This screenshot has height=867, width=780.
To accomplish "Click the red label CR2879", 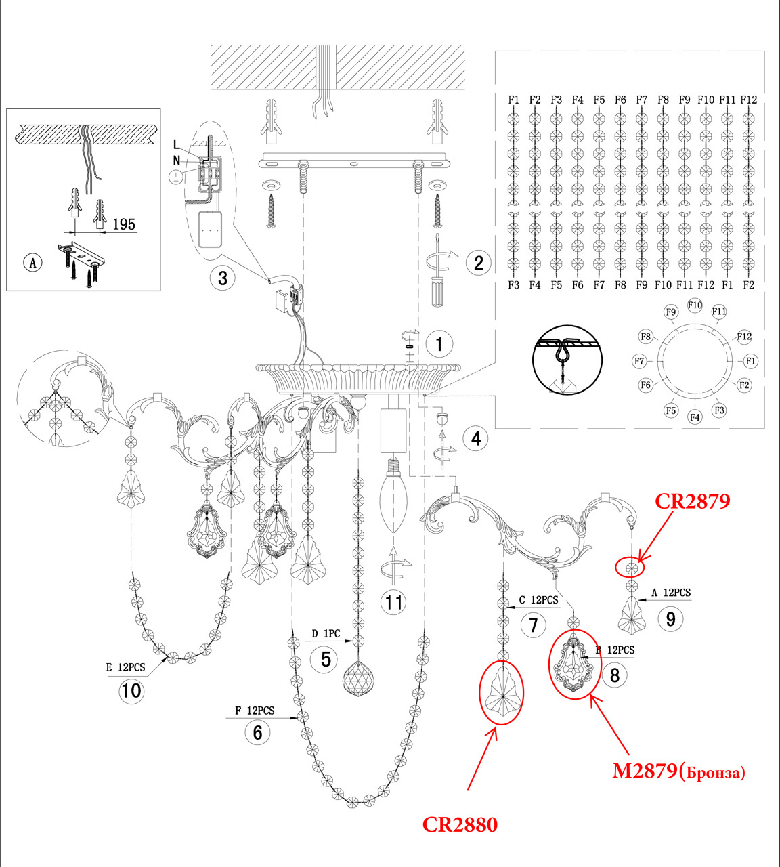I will (x=692, y=502).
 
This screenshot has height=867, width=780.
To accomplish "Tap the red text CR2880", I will (x=460, y=825).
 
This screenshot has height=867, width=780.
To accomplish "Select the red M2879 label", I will (x=678, y=771).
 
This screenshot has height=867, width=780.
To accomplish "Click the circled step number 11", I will (x=394, y=602).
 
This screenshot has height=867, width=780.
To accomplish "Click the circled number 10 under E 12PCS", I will (x=131, y=691).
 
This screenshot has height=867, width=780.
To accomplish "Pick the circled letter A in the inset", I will (x=32, y=262).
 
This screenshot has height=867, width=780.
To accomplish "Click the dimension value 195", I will (x=124, y=224).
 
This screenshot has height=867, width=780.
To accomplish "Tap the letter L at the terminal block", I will (x=177, y=144).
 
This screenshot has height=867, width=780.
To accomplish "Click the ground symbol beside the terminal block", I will (x=175, y=176).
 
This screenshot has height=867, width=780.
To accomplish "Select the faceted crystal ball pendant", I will (x=359, y=677).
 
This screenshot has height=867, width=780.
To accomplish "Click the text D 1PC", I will (x=326, y=635).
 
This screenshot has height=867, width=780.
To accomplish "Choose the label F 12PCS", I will (x=255, y=711).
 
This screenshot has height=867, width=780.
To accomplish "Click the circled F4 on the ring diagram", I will (x=695, y=417).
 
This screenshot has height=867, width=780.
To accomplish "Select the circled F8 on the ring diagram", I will (x=646, y=337).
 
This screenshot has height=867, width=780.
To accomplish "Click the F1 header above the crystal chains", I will (x=514, y=100).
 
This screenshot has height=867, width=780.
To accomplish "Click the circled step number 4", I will (x=475, y=438).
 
